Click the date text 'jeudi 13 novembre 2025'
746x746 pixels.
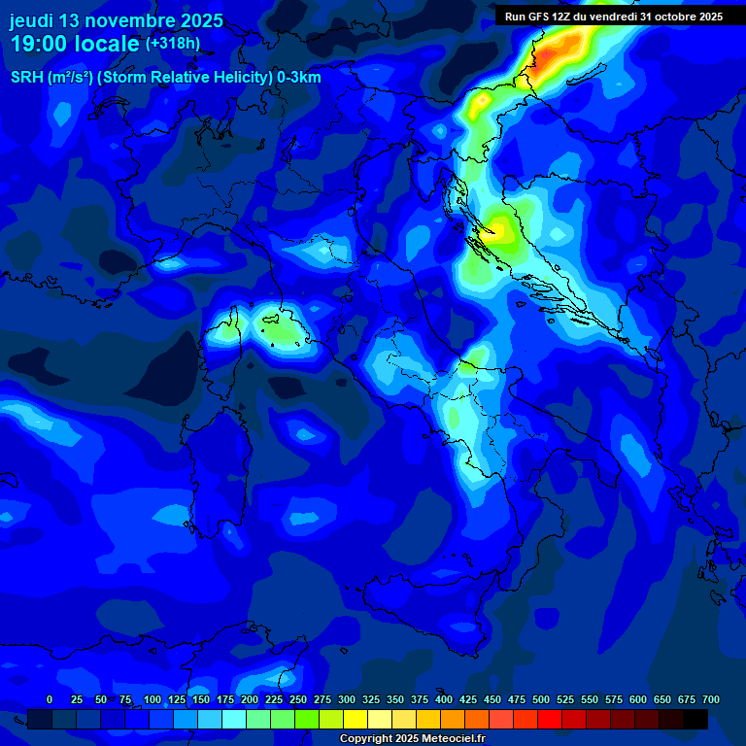pyautogui.click(x=116, y=20)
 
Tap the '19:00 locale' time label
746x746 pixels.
pyautogui.click(x=75, y=44)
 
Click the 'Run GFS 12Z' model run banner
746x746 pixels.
pyautogui.click(x=613, y=17)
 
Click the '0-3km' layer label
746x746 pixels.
pyautogui.click(x=299, y=78)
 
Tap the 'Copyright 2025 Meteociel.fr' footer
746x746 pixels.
pyautogui.click(x=412, y=739)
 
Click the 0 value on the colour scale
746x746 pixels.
pyautogui.click(x=50, y=699)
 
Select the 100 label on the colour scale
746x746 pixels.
pyautogui.click(x=153, y=699)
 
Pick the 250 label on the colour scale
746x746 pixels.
pyautogui.click(x=298, y=699)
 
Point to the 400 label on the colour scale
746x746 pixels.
pyautogui.click(x=444, y=699)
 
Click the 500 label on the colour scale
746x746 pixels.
pyautogui.click(x=541, y=699)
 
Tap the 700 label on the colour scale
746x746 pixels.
pyautogui.click(x=711, y=699)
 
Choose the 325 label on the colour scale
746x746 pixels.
pyautogui.click(x=371, y=699)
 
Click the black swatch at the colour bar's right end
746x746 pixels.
pyautogui.click(x=695, y=719)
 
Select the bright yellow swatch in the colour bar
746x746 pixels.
pyautogui.click(x=356, y=719)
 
